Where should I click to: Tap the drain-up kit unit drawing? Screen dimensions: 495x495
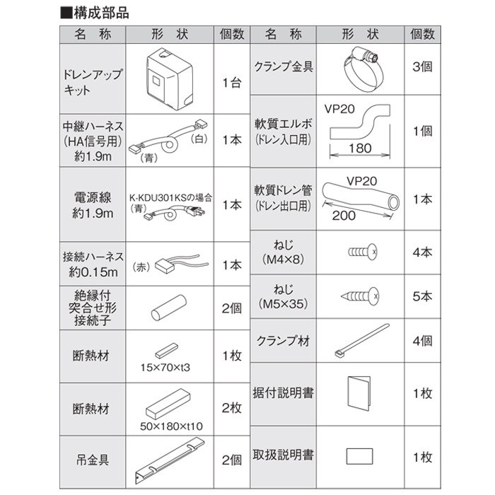tap(170, 79)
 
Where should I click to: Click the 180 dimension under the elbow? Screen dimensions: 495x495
tap(360, 148)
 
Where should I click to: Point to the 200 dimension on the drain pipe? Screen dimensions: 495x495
tap(344, 216)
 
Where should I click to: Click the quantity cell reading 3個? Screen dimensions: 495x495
tap(422, 67)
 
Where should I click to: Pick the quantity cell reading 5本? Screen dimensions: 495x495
tap(422, 296)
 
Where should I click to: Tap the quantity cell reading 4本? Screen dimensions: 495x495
tap(422, 252)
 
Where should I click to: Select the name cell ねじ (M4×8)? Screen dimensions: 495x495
tap(283, 252)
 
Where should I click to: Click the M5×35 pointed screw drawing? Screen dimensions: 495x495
tap(360, 296)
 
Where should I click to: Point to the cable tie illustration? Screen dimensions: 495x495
tap(362, 340)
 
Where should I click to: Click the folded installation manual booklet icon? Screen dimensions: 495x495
tap(359, 393)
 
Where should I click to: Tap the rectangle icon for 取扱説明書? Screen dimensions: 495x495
tap(359, 456)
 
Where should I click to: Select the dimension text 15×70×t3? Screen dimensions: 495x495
tap(165, 368)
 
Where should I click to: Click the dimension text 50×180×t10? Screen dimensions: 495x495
tap(171, 426)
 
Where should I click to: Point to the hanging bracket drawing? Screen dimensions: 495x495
tap(170, 460)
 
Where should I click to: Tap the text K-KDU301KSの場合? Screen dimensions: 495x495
tap(171, 198)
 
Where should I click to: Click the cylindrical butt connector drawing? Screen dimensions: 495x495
tap(169, 308)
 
